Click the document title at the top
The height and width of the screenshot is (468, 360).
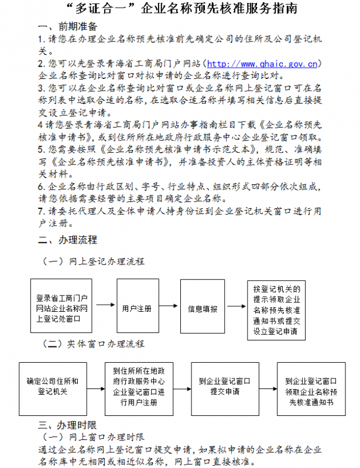coord(180,10)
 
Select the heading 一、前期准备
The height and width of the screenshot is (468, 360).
coord(67,27)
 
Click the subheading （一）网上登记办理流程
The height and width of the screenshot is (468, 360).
coord(93,261)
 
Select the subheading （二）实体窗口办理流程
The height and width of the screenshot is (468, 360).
coord(93,343)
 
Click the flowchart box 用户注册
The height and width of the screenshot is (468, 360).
coord(138,308)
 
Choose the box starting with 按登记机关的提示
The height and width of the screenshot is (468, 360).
coord(276,311)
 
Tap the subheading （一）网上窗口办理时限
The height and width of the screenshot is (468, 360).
coord(94,436)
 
